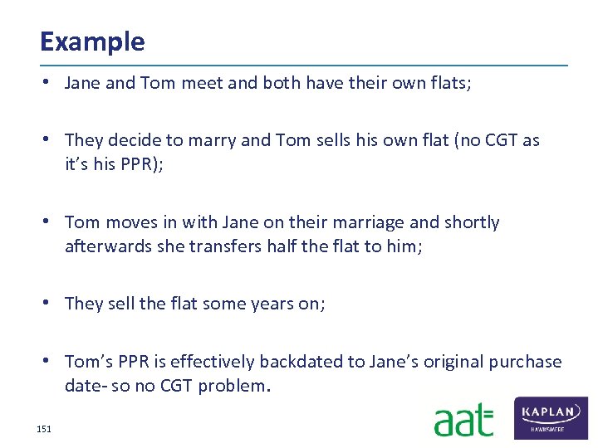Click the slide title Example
coord(92,41)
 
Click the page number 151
coord(44,429)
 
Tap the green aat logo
coord(463,420)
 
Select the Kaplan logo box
coord(551,417)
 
